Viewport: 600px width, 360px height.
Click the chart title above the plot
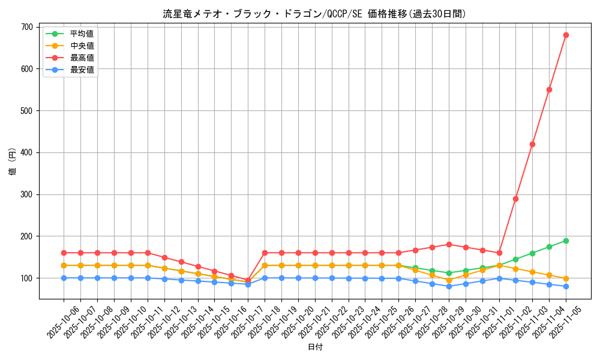pyautogui.click(x=314, y=14)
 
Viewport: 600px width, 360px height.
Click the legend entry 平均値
pyautogui.click(x=82, y=34)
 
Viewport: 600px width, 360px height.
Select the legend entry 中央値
pyautogui.click(x=82, y=46)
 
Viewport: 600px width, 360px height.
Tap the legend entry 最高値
pyautogui.click(x=82, y=58)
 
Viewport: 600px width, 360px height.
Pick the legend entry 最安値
pyautogui.click(x=82, y=70)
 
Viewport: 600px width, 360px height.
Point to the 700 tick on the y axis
pyautogui.click(x=26, y=27)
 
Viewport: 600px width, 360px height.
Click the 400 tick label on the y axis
pyautogui.click(x=26, y=152)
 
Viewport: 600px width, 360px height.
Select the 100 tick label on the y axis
pyautogui.click(x=26, y=278)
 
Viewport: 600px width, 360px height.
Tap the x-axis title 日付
pyautogui.click(x=314, y=347)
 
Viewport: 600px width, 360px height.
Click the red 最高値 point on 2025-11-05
pyautogui.click(x=566, y=35)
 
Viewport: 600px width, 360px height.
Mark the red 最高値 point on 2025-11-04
pyautogui.click(x=549, y=89)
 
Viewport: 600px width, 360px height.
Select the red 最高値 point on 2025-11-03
pyautogui.click(x=532, y=144)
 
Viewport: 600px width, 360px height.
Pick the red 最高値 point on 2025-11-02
pyautogui.click(x=515, y=199)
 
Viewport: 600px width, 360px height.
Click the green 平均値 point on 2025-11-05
pyautogui.click(x=566, y=241)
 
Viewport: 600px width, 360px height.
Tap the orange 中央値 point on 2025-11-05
pyautogui.click(x=566, y=278)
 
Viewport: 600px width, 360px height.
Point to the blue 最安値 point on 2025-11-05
pyautogui.click(x=566, y=286)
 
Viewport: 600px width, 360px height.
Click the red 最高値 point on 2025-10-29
pyautogui.click(x=449, y=244)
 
